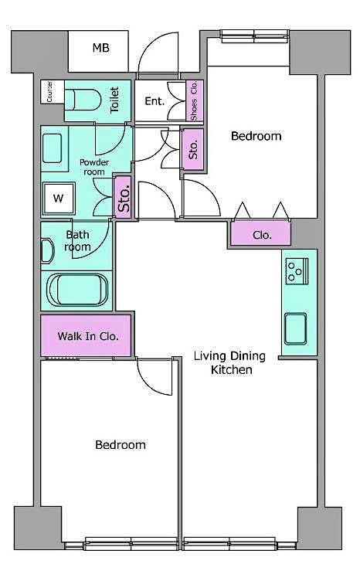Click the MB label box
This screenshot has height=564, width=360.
(x=101, y=49)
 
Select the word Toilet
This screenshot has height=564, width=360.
(x=115, y=100)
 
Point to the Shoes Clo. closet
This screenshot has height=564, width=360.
(x=195, y=100)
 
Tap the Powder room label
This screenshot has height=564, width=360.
(x=93, y=166)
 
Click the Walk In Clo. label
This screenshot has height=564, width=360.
(x=87, y=337)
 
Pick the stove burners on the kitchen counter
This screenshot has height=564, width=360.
(x=295, y=270)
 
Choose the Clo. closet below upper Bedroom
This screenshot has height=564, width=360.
(x=261, y=234)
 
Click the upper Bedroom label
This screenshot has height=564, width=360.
(x=256, y=136)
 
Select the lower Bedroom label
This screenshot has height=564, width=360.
(x=121, y=445)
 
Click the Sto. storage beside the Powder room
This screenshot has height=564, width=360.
(x=123, y=197)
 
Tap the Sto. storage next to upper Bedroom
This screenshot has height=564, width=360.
(x=193, y=147)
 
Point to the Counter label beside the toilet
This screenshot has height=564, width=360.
(x=50, y=91)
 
